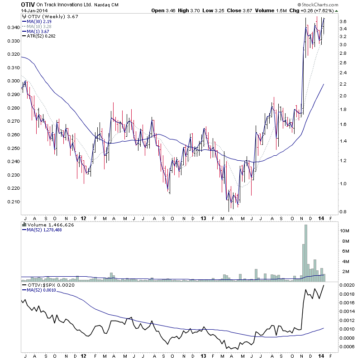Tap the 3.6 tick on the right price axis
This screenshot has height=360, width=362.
point(343,21)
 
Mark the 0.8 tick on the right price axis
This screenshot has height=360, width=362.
point(343,211)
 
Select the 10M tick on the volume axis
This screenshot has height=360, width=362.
point(345,231)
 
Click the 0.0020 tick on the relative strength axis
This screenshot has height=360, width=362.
point(348,285)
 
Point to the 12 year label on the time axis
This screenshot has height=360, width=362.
point(84,217)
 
